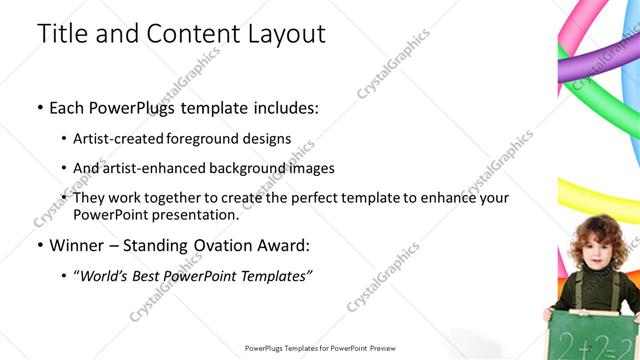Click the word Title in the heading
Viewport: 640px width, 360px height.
tap(63, 33)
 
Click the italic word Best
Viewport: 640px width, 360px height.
tap(150, 275)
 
